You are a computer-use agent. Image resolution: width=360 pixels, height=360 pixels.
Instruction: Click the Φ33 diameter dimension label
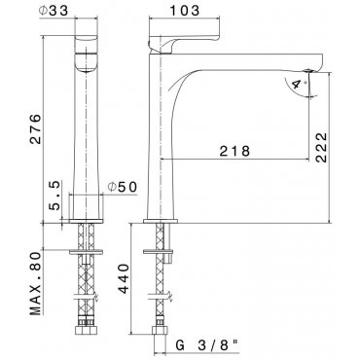[x=54, y=11]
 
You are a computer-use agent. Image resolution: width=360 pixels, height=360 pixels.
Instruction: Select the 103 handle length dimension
[x=185, y=11]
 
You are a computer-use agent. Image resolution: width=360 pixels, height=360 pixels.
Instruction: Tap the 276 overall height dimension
[x=35, y=128]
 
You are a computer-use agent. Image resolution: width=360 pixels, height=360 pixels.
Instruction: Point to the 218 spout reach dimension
[x=234, y=151]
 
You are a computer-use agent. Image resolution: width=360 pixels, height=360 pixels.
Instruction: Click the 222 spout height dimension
[x=321, y=147]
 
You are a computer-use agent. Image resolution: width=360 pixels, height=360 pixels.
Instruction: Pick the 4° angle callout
[x=298, y=85]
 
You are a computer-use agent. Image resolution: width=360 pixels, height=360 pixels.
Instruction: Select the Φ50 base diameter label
[x=122, y=187]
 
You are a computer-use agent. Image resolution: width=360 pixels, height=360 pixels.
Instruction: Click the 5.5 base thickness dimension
[x=54, y=196]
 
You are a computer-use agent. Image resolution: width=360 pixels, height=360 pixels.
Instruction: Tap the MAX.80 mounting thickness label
[x=36, y=283]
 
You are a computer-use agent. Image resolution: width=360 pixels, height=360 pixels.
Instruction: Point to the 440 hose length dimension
[x=124, y=278]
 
